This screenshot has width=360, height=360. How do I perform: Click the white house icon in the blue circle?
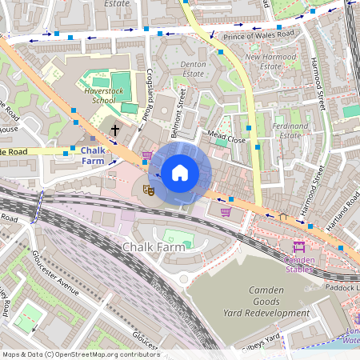[180, 173]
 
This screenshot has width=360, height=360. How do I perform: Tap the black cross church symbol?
[115, 129]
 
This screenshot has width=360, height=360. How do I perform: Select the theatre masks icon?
[147, 190]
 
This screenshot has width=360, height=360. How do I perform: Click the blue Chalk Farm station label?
[93, 155]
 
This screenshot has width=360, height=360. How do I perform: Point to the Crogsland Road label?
[149, 94]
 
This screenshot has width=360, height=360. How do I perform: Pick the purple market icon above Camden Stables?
[300, 246]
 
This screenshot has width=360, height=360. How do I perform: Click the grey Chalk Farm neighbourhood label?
[154, 247]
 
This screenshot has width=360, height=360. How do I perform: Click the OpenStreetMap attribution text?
[80, 354]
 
